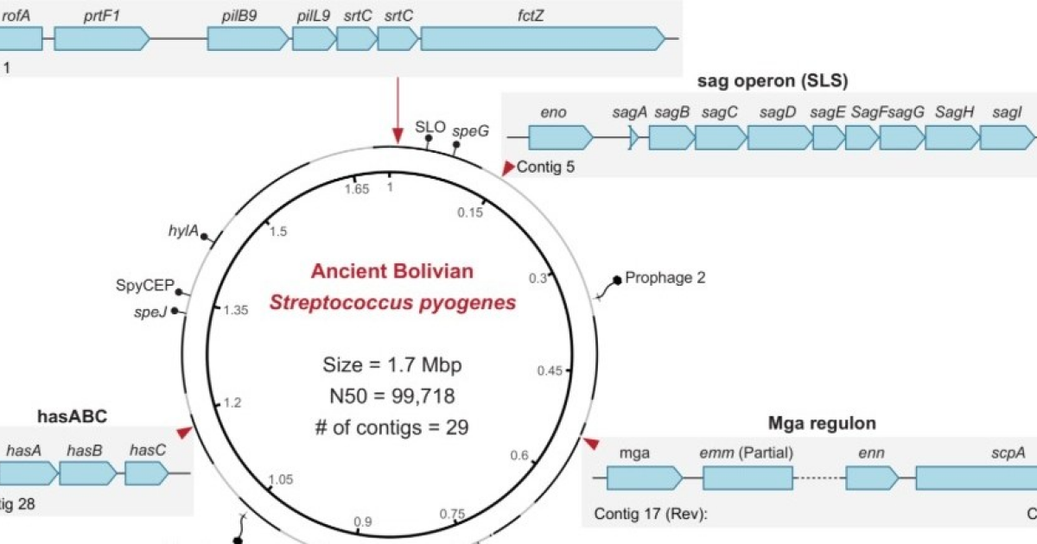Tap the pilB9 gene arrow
[247, 37]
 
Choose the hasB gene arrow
[87, 472]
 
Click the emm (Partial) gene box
[748, 478]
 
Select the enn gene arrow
[874, 478]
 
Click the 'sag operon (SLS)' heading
[772, 81]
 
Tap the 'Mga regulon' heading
[822, 424]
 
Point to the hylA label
[183, 231]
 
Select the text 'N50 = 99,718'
[391, 396]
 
